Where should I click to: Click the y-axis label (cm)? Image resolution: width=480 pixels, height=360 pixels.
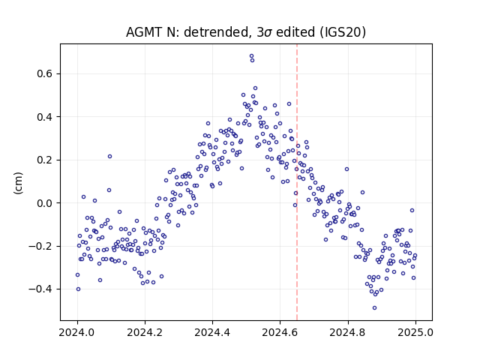tap(18, 183)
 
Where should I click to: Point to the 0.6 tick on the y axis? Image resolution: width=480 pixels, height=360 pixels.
tap(45, 74)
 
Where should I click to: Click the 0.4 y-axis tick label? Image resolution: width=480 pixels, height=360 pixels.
tap(45, 117)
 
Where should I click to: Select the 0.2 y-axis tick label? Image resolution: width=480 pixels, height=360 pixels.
tap(45, 160)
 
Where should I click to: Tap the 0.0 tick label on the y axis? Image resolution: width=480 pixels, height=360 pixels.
tap(45, 203)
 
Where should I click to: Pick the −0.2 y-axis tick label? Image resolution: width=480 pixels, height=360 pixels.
tap(40, 246)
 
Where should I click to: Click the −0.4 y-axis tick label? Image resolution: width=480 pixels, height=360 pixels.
tap(40, 289)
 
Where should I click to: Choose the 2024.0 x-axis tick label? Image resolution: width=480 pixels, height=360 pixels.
tap(77, 332)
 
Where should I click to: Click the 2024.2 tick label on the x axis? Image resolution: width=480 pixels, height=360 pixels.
tap(145, 332)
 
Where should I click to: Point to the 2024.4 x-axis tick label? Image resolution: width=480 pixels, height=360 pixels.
tap(212, 332)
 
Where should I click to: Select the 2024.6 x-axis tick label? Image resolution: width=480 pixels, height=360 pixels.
tap(280, 332)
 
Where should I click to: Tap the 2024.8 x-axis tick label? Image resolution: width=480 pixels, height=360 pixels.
tap(348, 332)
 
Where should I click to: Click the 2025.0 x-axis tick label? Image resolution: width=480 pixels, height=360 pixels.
tap(415, 332)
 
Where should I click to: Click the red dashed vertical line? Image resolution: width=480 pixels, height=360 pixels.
tap(297, 182)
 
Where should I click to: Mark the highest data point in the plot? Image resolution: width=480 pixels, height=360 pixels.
tap(252, 56)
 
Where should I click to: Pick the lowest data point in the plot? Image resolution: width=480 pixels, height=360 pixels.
tap(374, 308)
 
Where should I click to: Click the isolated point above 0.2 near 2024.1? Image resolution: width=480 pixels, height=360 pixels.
tap(110, 157)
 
